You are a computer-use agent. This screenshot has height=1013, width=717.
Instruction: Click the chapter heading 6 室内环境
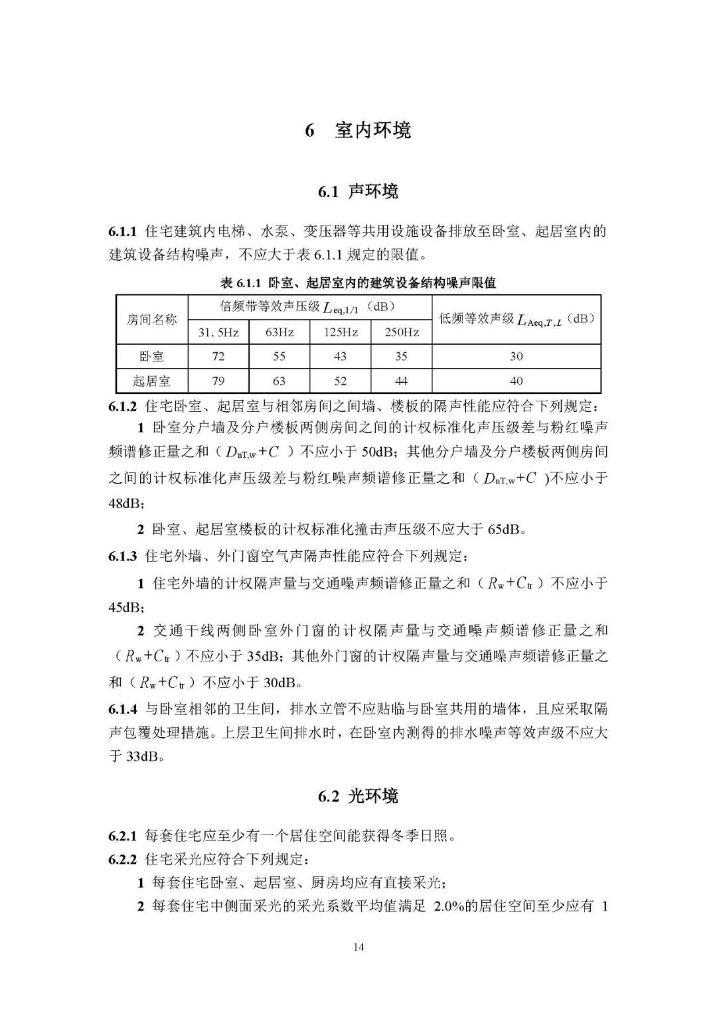(x=358, y=130)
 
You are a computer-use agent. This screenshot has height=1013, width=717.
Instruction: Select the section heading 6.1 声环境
(x=358, y=192)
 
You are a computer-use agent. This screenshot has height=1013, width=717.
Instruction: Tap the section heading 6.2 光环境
(x=358, y=796)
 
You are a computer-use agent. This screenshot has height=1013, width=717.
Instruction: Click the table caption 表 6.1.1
(x=358, y=283)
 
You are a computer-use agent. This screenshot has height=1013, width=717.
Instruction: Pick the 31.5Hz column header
(x=218, y=332)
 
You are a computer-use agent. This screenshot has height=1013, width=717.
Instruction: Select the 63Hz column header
(x=279, y=332)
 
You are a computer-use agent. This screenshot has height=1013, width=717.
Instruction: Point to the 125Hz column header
(x=340, y=332)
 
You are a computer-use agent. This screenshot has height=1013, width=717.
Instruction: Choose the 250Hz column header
(x=401, y=332)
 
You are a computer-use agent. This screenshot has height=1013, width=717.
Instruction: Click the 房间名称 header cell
(x=152, y=319)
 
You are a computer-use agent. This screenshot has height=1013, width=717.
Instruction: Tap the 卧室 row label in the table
(x=152, y=356)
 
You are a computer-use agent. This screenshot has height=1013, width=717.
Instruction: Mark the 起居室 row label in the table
(x=152, y=381)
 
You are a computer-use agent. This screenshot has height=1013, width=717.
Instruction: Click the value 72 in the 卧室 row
(x=218, y=356)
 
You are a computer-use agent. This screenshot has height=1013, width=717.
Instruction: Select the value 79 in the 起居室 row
(x=218, y=381)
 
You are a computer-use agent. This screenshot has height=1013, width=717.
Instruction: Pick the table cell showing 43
(x=340, y=356)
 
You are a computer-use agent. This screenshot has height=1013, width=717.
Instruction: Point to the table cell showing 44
(x=401, y=381)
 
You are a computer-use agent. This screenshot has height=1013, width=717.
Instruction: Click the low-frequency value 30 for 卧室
(x=516, y=356)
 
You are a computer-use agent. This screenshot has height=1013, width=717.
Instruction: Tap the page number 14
(x=358, y=947)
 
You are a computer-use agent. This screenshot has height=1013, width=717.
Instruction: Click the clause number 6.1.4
(x=123, y=709)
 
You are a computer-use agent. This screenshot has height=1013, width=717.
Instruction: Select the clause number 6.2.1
(x=123, y=835)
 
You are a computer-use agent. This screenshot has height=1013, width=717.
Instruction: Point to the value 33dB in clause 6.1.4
(x=143, y=756)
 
